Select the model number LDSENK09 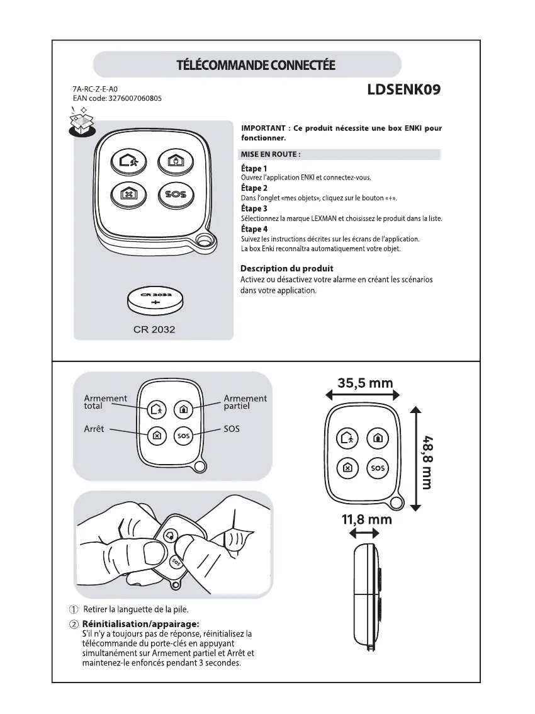coord(403,90)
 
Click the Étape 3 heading coord(254,208)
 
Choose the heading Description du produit coord(287,269)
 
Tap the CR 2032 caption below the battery coord(154,329)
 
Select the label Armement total coord(105,402)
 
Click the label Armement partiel coord(245,402)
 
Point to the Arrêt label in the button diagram coord(94,429)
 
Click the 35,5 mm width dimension coord(365,383)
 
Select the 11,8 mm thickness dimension coord(367,519)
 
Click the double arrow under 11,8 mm coord(363,533)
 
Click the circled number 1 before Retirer coord(74,609)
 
